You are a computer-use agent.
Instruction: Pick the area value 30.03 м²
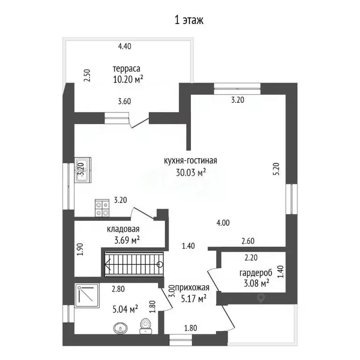190,172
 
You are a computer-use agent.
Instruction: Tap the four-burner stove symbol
103,208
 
